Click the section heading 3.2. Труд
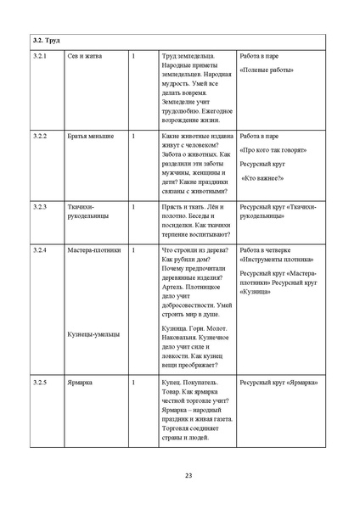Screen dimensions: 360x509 click(46, 40)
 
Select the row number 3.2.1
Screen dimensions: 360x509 click(40, 56)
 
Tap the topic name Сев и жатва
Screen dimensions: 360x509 click(83, 56)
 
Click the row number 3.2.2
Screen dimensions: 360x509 click(40, 135)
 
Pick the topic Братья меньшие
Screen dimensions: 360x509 click(90, 135)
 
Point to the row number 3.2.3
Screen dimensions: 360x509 click(40, 206)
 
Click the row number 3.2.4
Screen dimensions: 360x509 click(40, 250)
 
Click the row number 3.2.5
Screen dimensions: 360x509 click(40, 383)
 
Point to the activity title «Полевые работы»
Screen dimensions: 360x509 click(267, 70)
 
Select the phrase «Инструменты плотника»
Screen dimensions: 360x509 click(277, 260)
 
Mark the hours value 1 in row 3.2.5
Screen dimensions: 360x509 click(133, 383)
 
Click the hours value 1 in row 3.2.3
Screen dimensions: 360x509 click(133, 206)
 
